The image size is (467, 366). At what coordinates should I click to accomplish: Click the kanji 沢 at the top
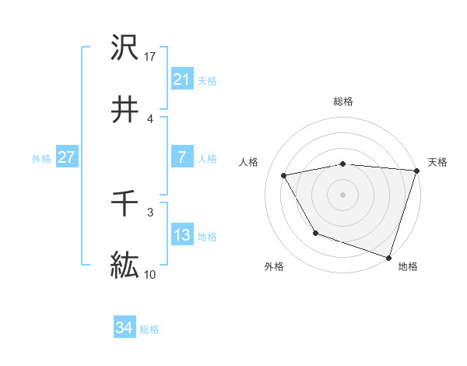point(125,48)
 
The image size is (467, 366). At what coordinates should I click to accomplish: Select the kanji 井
point(125,110)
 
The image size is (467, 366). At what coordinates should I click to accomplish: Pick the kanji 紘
point(125,266)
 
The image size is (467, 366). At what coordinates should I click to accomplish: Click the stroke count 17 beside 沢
point(150,57)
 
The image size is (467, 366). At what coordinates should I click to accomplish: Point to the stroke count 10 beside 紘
point(150,275)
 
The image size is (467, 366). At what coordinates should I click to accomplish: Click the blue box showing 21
point(181,79)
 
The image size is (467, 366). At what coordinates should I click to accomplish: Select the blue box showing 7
point(181,157)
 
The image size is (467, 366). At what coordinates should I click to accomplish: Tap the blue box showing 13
point(181,235)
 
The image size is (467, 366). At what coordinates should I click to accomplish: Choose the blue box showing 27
point(66,157)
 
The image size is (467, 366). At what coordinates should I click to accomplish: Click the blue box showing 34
point(124,329)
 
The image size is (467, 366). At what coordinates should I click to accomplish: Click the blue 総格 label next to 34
point(149,329)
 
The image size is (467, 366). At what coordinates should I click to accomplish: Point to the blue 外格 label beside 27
point(41,158)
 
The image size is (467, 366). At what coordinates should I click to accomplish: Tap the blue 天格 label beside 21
point(207,80)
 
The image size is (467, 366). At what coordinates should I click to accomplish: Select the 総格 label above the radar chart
point(343,101)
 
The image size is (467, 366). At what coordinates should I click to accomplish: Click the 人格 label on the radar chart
point(249,162)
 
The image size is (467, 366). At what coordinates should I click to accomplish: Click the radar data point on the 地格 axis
point(388,256)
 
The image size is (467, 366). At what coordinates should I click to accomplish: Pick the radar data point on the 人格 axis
point(284,175)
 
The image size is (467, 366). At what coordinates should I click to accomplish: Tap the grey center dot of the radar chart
point(343,194)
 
